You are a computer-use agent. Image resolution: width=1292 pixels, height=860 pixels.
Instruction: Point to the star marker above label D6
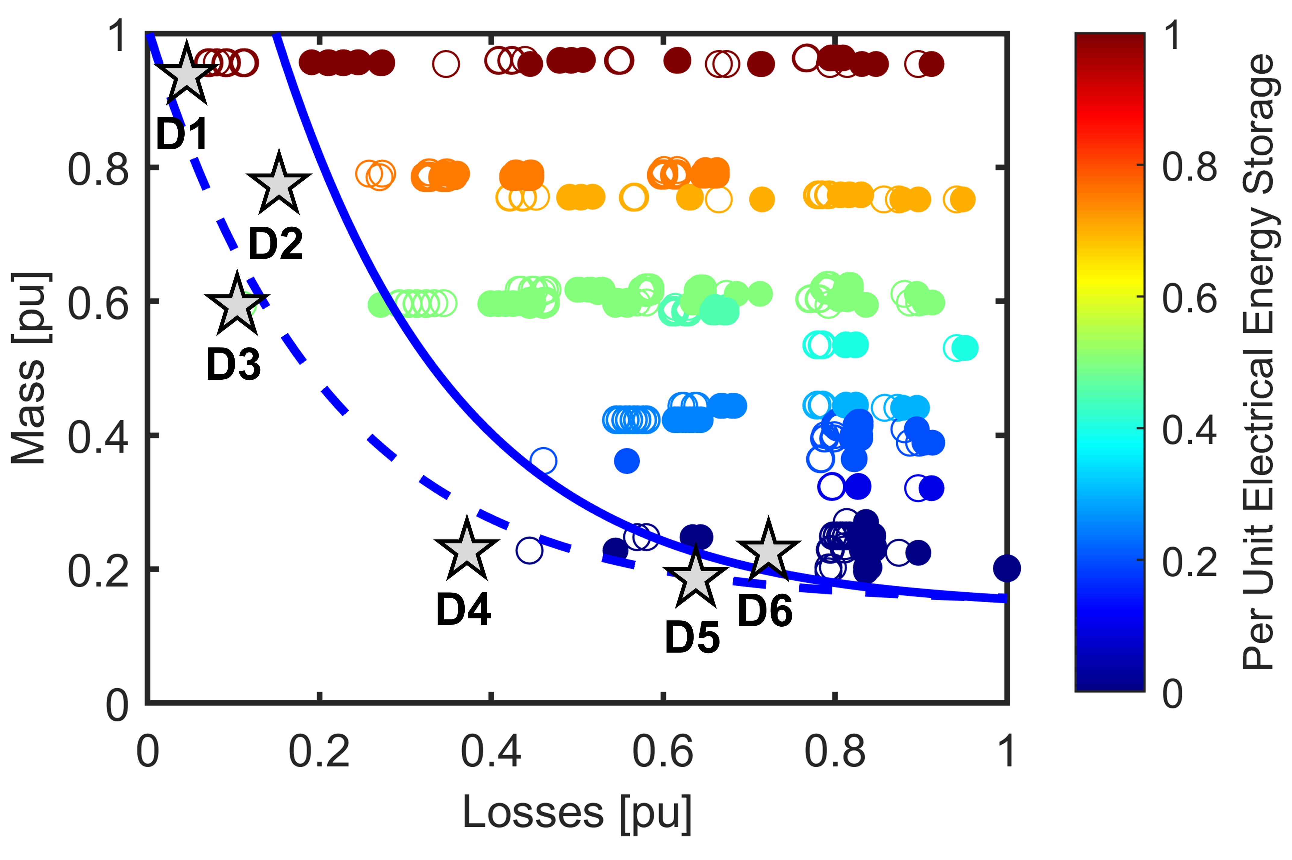click(768, 552)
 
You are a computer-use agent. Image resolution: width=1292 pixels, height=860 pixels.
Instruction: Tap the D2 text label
click(275, 244)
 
